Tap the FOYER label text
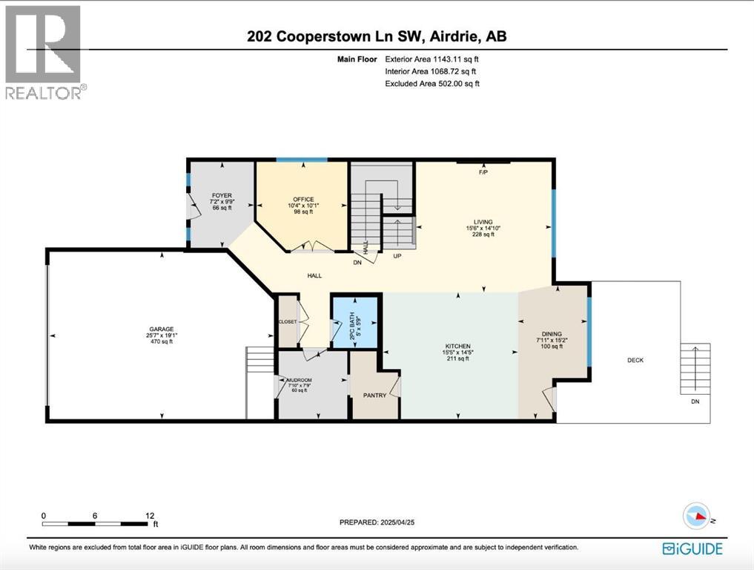click(222, 195)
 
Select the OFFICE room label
click(302, 199)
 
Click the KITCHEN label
click(457, 346)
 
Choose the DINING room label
click(552, 334)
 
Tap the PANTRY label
click(374, 396)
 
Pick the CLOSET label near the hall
click(287, 322)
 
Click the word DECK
click(635, 360)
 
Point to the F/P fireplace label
click(483, 172)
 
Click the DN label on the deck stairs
click(694, 401)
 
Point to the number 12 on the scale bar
click(150, 515)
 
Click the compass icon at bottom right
click(697, 514)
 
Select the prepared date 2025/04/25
click(413, 522)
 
